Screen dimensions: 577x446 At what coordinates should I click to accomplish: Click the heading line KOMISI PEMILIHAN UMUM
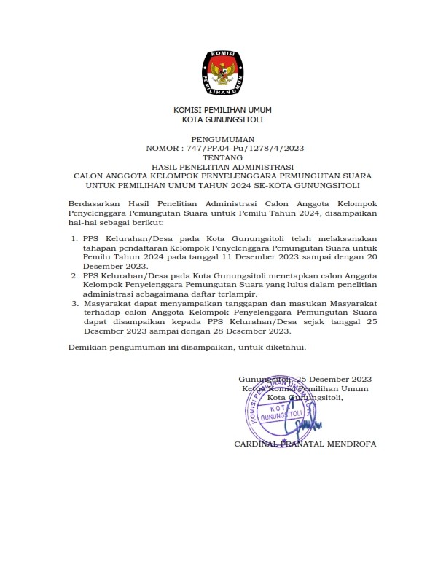(x=222, y=109)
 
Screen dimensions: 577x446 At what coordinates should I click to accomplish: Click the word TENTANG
(x=222, y=157)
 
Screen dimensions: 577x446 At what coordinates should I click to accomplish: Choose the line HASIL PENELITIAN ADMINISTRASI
(x=222, y=167)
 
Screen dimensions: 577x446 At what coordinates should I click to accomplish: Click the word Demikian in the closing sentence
(x=88, y=348)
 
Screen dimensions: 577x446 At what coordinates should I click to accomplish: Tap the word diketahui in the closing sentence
(x=287, y=348)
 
